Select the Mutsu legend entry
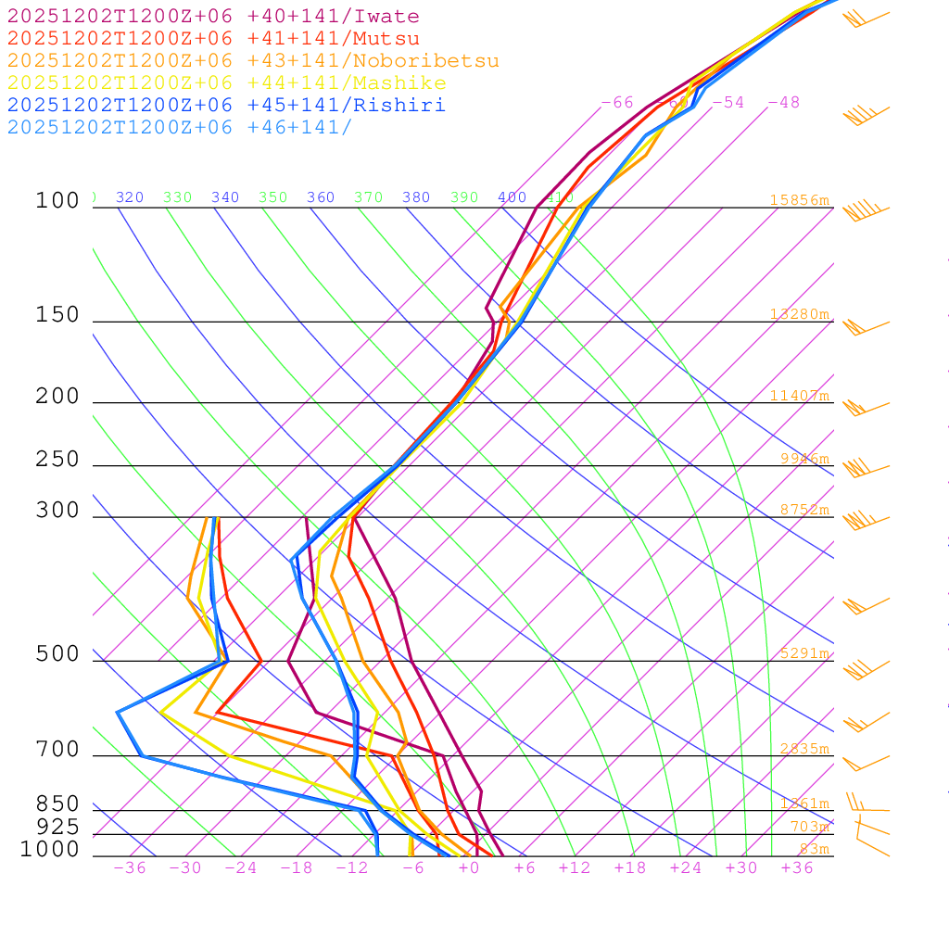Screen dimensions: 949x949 point(213,39)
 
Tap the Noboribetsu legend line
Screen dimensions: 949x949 point(253,61)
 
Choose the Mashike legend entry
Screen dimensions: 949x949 point(226,83)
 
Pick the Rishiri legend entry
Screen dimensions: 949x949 point(226,106)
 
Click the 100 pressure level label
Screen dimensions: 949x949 point(57,200)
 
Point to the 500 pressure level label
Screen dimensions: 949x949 point(57,654)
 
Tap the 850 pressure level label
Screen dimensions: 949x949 point(57,804)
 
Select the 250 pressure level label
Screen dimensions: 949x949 point(57,460)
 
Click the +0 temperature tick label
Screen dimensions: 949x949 point(469,868)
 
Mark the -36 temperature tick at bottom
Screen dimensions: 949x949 point(130,868)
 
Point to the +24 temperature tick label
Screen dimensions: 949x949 point(686,868)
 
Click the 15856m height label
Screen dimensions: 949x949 point(799,200)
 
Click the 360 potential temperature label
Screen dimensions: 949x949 point(321,197)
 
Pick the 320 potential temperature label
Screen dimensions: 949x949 point(130,197)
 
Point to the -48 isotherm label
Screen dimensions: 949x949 point(783,102)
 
